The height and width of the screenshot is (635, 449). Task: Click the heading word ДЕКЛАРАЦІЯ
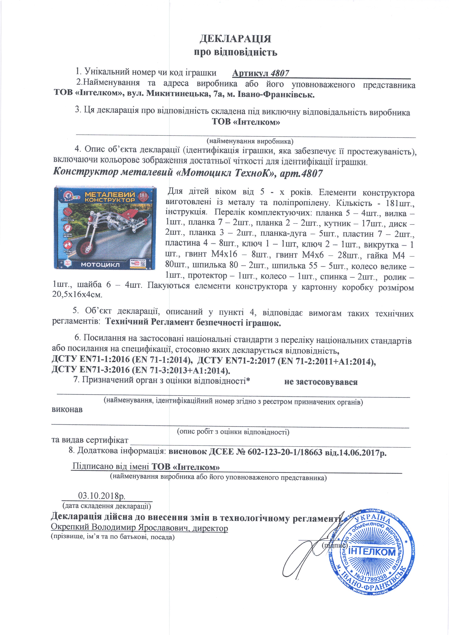tap(235, 39)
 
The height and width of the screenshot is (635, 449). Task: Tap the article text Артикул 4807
tap(261, 73)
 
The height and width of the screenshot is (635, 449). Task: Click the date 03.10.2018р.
tap(102, 495)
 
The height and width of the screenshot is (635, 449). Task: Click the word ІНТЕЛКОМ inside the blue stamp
tap(372, 552)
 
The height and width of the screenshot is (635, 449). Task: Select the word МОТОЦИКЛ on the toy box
tap(100, 265)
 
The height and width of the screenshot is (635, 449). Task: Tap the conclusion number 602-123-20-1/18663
tap(285, 452)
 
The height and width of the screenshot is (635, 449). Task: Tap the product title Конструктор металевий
tap(113, 173)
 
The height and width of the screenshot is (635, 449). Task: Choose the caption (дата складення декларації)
tap(107, 506)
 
